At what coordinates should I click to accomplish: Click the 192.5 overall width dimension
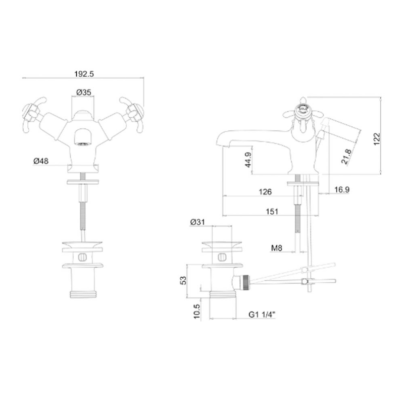84,74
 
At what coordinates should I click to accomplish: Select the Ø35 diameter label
84,92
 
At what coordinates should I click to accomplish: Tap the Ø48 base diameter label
41,161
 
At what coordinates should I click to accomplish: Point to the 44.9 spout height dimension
248,160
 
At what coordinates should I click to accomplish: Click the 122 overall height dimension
377,139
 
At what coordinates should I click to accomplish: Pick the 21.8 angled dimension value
346,157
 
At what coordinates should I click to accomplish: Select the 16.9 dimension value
342,190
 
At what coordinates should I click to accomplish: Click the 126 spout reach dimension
265,192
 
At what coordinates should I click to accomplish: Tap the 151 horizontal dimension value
272,212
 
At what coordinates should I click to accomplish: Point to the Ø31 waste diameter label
197,222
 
